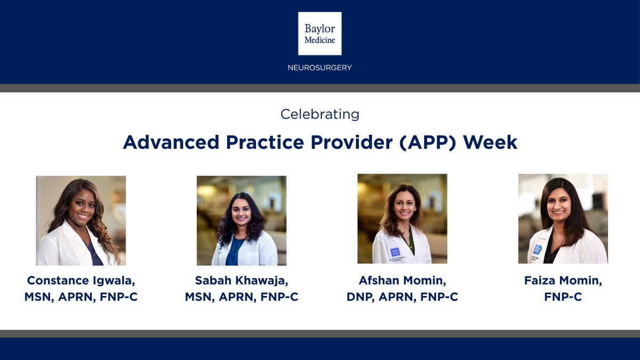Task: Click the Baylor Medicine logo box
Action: coord(319,33)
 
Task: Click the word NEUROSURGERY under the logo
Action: coord(319,68)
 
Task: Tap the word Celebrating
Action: coord(319,114)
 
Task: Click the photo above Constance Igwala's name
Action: coord(81,220)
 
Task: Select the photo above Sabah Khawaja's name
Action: coord(242,220)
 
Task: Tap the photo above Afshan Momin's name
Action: coord(402,219)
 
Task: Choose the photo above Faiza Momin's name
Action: coord(563,219)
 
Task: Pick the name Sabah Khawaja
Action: coord(241,281)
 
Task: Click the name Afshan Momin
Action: coord(402,281)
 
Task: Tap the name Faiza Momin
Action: coord(563,281)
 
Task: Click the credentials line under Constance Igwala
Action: coord(81,297)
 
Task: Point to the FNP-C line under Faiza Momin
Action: coord(563,297)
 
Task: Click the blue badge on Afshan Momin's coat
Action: coord(395,251)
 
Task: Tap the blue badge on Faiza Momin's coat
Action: coord(537,250)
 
